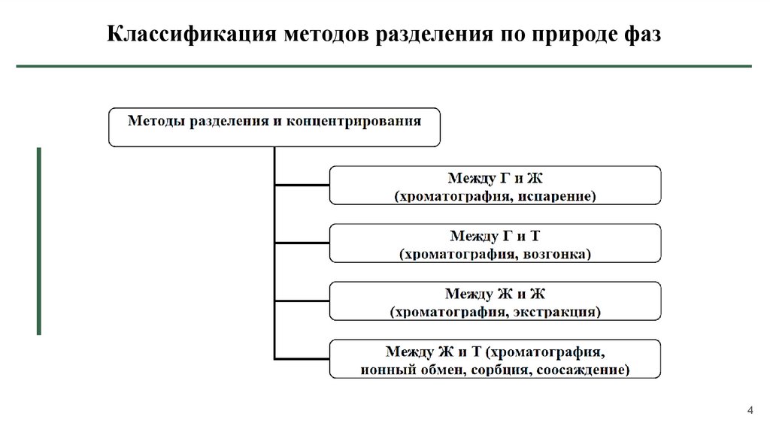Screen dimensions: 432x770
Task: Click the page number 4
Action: coord(750,409)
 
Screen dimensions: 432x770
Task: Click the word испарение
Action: coord(557,196)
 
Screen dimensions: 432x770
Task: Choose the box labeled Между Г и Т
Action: coord(496,243)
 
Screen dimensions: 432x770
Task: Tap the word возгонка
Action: coord(554,254)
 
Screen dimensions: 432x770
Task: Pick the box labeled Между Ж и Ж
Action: coord(496,301)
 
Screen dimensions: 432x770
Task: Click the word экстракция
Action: coord(560,311)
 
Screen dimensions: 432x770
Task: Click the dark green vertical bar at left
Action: coord(39,240)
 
